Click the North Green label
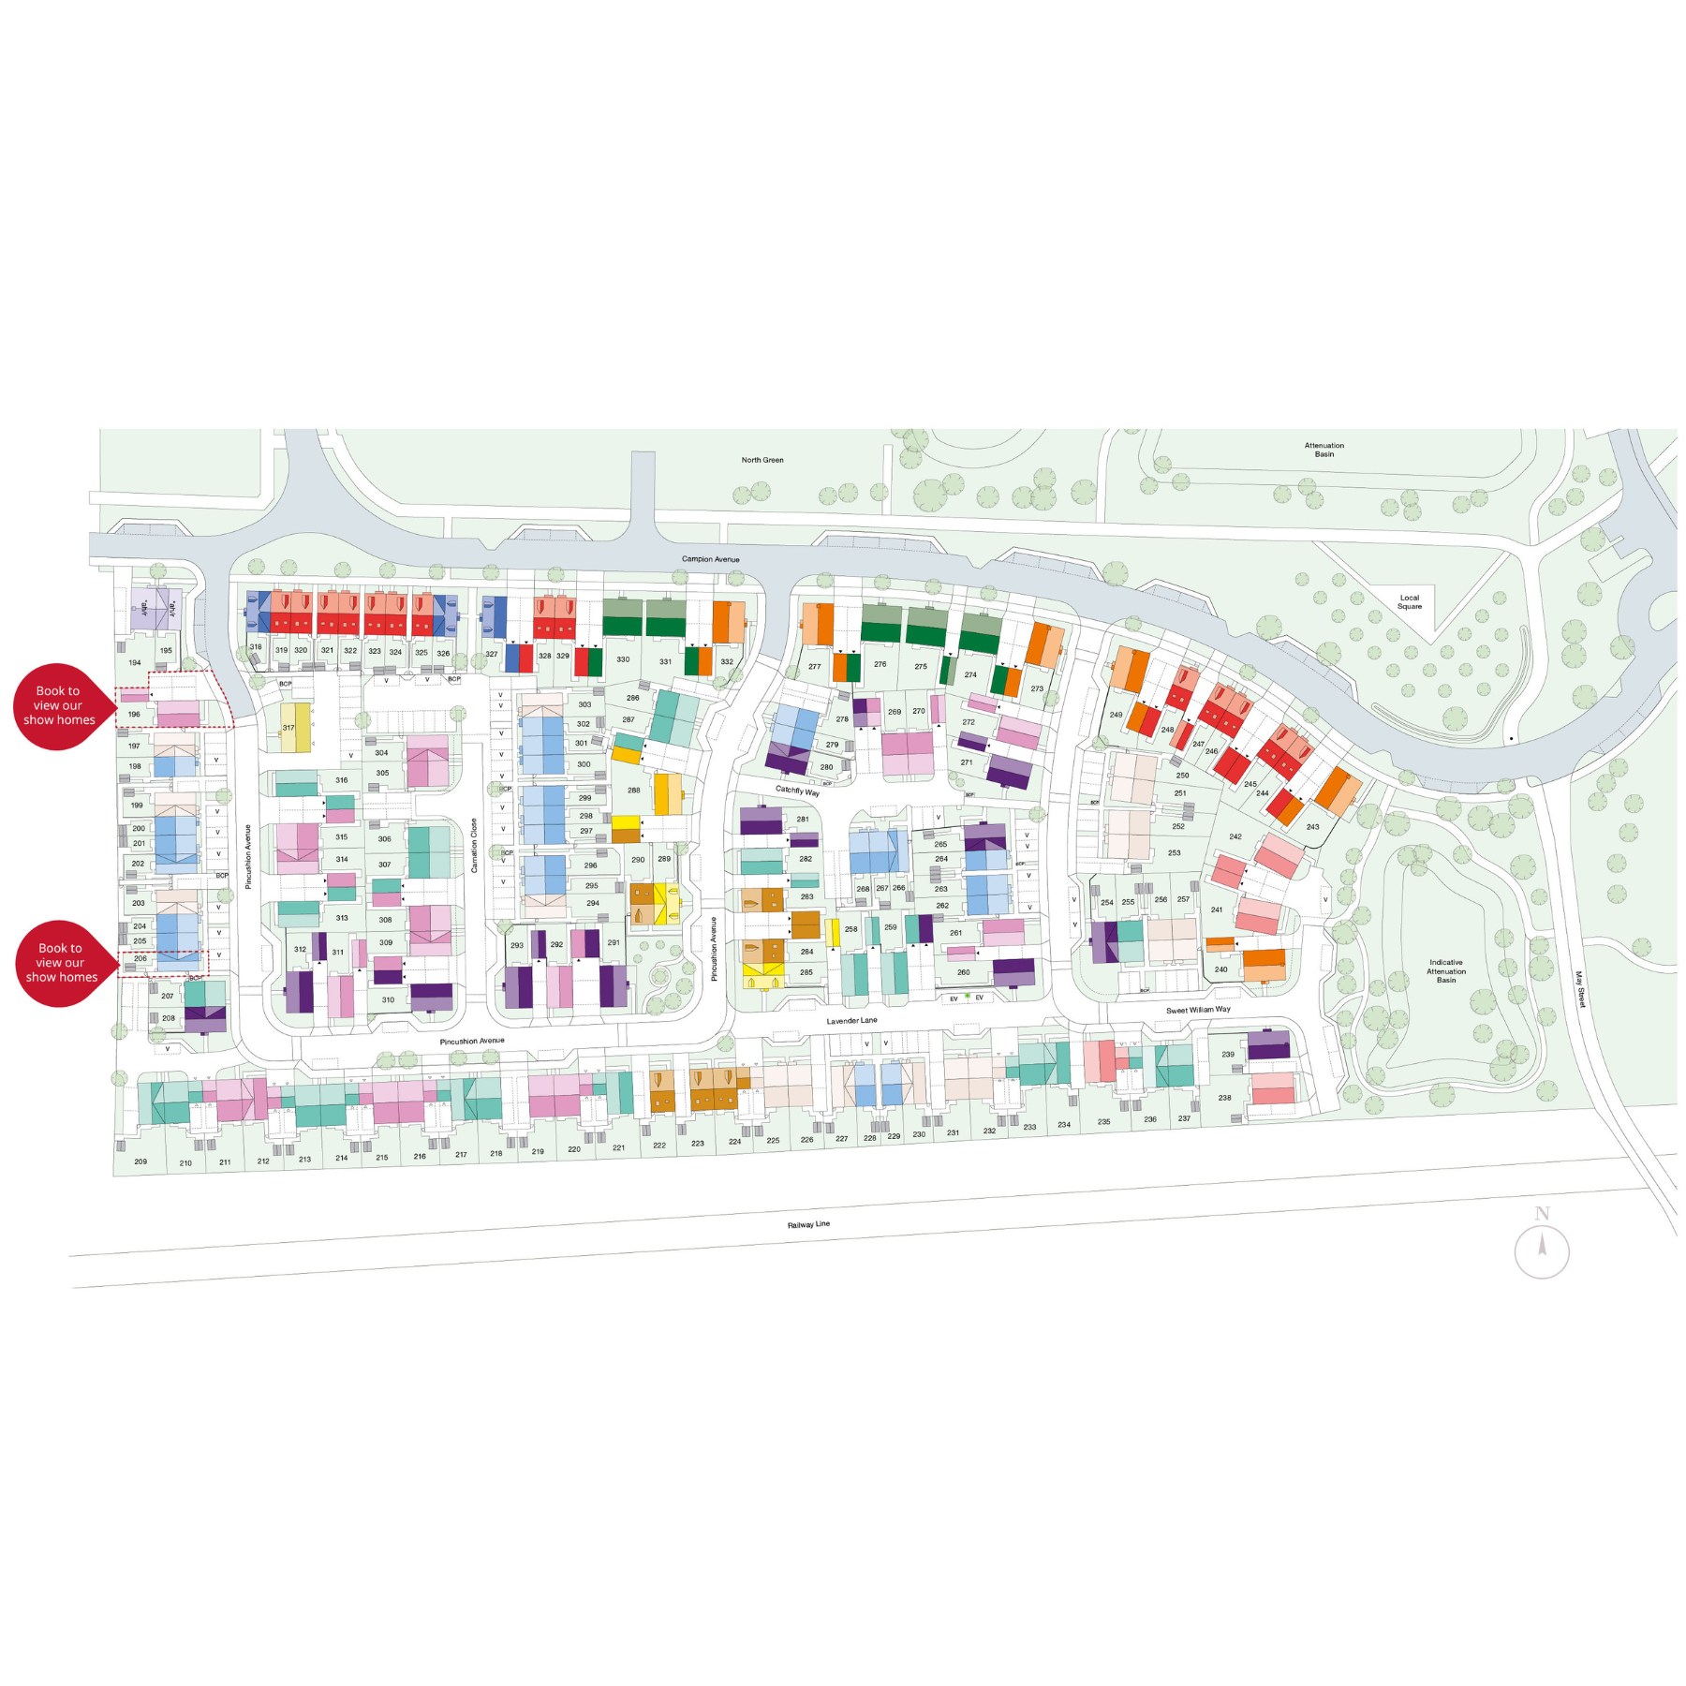pyautogui.click(x=762, y=460)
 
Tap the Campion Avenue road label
pyautogui.click(x=710, y=559)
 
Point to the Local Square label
pyautogui.click(x=1409, y=602)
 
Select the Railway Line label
pyautogui.click(x=808, y=1224)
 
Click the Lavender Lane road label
pyautogui.click(x=851, y=1021)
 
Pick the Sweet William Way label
pyautogui.click(x=1198, y=1010)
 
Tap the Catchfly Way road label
pyautogui.click(x=797, y=791)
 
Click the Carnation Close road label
pyautogui.click(x=474, y=846)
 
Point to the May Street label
pyautogui.click(x=1580, y=989)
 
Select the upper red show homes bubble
pyautogui.click(x=59, y=706)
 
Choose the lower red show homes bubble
pyautogui.click(x=62, y=963)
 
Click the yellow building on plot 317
pyautogui.click(x=296, y=728)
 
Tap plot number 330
pyautogui.click(x=623, y=659)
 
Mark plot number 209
pyautogui.click(x=140, y=1161)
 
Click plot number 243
pyautogui.click(x=1312, y=827)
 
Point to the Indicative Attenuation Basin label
pyautogui.click(x=1446, y=971)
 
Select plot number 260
pyautogui.click(x=964, y=972)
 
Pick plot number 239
pyautogui.click(x=1228, y=1054)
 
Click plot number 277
pyautogui.click(x=814, y=667)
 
